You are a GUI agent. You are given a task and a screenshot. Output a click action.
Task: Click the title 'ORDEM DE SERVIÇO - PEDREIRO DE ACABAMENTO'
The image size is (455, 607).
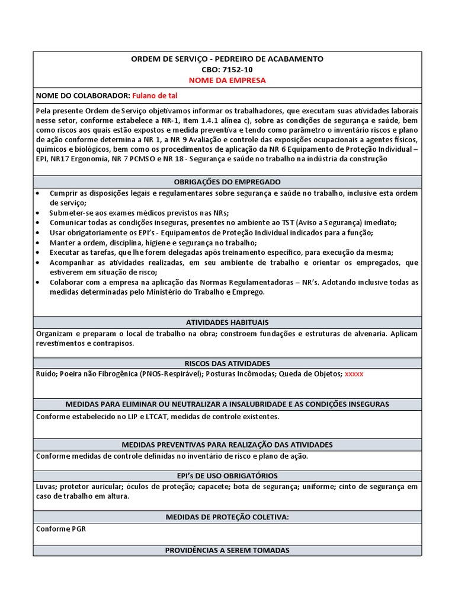pyautogui.click(x=227, y=59)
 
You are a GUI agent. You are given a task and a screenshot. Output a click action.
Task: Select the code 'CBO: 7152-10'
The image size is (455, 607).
pyautogui.click(x=227, y=69)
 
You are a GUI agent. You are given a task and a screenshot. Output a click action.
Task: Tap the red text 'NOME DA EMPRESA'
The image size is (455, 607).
pyautogui.click(x=227, y=80)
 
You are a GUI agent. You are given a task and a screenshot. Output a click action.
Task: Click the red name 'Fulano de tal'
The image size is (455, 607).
pyautogui.click(x=155, y=95)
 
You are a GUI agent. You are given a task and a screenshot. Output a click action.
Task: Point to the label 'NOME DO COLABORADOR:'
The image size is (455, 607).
pyautogui.click(x=83, y=95)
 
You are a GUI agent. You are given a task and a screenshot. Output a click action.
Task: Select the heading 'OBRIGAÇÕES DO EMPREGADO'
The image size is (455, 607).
pyautogui.click(x=227, y=181)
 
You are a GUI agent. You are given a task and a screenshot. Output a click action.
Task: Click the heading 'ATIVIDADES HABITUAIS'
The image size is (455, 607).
pyautogui.click(x=227, y=322)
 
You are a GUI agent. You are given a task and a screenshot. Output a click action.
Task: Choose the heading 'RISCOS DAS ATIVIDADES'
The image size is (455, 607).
pyautogui.click(x=227, y=363)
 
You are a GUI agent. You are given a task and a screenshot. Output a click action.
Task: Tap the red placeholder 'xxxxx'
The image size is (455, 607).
pyautogui.click(x=354, y=374)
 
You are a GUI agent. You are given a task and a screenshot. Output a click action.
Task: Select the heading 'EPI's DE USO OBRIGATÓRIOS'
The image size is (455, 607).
pyautogui.click(x=227, y=475)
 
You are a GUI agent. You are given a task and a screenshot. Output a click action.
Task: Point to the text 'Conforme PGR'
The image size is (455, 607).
pyautogui.click(x=61, y=529)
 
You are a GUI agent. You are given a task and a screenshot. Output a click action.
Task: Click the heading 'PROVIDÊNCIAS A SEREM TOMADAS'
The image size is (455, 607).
pyautogui.click(x=227, y=550)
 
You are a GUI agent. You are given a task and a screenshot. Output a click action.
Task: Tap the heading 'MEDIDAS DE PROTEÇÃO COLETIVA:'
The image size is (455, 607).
pyautogui.click(x=227, y=517)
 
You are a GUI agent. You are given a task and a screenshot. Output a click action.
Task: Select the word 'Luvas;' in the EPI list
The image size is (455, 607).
pyautogui.click(x=47, y=487)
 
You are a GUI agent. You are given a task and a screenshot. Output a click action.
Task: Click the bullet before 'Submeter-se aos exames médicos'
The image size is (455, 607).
pyautogui.click(x=39, y=213)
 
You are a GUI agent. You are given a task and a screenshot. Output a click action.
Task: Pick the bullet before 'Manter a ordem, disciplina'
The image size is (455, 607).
pyautogui.click(x=39, y=242)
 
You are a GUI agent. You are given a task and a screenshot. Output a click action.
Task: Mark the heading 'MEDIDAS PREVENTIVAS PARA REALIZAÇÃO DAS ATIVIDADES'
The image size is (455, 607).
pyautogui.click(x=227, y=445)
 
